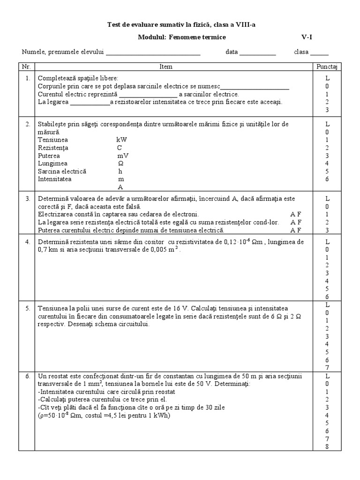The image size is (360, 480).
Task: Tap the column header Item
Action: coord(166,67)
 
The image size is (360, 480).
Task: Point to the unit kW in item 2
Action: coord(121,140)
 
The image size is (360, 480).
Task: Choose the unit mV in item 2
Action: coord(123,156)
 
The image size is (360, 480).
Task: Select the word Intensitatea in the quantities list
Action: coord(56,179)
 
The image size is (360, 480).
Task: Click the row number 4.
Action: coord(28,242)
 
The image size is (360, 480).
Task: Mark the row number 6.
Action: coord(28,376)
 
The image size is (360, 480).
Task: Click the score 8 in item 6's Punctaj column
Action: coord(328,446)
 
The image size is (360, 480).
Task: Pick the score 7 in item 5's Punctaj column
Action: coord(328,367)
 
